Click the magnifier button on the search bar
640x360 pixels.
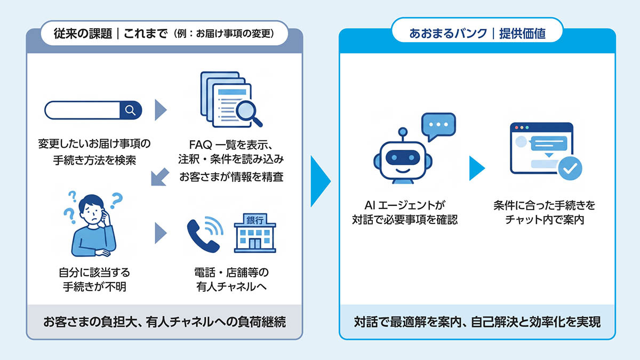131,110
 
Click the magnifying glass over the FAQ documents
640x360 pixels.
247,113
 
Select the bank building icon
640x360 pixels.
255,233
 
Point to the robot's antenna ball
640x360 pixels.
403,132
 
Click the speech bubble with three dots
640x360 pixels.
438,126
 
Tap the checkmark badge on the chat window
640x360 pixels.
570,169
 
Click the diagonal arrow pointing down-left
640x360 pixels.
160,177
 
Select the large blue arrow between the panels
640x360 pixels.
320,181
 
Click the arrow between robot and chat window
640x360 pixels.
477,169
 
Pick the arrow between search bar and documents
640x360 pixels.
161,110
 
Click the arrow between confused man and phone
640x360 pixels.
161,233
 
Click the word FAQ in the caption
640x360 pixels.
201,145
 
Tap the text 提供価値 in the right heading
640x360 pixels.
522,34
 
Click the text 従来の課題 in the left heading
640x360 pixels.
83,34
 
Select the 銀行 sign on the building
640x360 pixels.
255,220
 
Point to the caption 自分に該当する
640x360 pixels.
94,273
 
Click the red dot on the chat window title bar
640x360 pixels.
517,127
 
